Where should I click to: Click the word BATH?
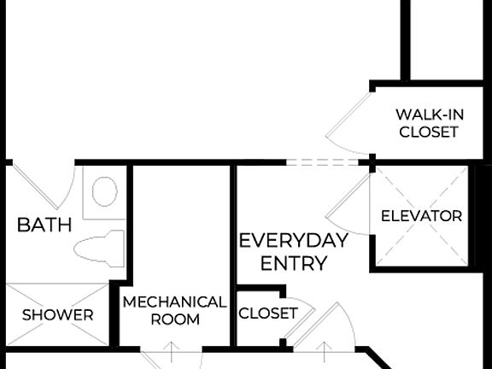click(44, 225)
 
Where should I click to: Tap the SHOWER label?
click(57, 315)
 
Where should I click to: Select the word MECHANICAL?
click(174, 302)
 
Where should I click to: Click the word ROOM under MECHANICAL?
click(174, 319)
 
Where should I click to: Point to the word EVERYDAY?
click(293, 241)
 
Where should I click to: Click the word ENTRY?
click(293, 263)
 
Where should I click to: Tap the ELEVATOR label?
click(421, 216)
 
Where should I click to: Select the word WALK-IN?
click(429, 114)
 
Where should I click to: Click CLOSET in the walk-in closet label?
click(429, 132)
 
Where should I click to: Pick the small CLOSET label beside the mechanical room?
click(267, 313)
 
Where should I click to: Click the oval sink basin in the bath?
click(104, 191)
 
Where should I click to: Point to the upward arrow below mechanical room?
click(172, 352)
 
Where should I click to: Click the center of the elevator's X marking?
click(422, 215)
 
